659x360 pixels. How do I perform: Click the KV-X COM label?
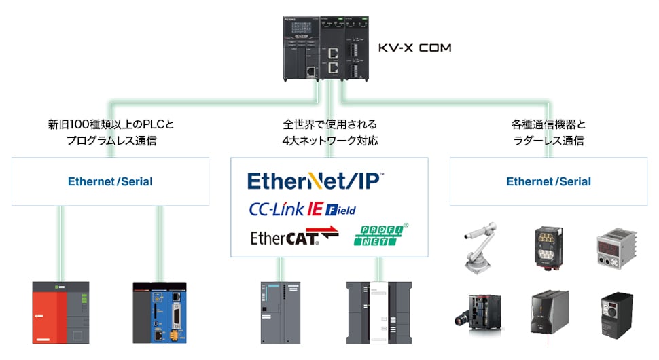414,48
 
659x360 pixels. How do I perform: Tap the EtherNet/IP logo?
315,181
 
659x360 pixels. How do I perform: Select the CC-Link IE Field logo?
302,209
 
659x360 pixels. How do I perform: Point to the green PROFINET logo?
381,235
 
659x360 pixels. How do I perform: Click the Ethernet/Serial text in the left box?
110,182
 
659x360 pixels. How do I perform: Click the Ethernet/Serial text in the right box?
549,182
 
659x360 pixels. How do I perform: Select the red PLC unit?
60,312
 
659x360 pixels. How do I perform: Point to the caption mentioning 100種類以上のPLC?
111,125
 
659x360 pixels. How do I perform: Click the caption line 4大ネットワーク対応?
330,141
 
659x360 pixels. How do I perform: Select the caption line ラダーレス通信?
549,141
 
